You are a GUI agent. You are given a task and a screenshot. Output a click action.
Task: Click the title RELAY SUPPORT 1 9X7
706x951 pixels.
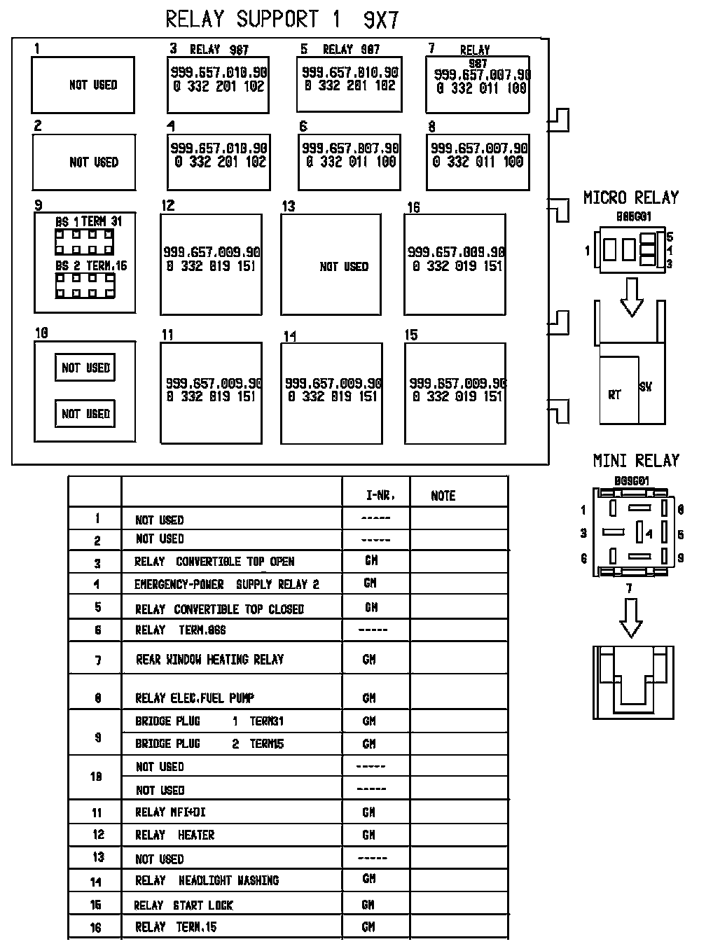tap(282, 20)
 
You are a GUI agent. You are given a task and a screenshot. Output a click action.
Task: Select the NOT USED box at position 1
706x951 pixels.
tap(83, 85)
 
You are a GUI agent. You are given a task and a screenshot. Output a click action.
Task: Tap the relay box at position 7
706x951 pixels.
tap(478, 84)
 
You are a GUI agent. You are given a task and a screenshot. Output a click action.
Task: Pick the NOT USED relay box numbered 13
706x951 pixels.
tap(331, 264)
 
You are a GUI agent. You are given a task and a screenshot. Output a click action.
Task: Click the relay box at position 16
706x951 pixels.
tap(455, 264)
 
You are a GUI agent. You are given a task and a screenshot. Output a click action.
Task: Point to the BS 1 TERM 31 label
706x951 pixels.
tap(88, 221)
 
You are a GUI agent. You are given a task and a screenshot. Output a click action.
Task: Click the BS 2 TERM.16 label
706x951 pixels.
tap(91, 266)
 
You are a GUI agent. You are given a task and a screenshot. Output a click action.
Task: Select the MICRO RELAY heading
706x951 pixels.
tap(631, 198)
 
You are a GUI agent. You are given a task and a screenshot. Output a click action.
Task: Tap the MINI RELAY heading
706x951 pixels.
tap(636, 461)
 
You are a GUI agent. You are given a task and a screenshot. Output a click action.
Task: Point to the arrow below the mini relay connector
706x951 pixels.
tap(631, 618)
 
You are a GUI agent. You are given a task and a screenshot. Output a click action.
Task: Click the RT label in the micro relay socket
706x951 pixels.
tap(614, 395)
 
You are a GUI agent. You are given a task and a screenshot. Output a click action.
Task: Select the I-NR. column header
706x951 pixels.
tap(380, 496)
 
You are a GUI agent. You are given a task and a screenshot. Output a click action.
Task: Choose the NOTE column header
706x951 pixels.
tap(443, 496)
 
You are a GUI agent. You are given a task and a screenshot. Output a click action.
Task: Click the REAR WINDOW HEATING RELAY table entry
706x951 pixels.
tap(209, 660)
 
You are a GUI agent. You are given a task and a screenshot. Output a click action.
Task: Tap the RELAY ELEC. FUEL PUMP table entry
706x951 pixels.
tap(194, 698)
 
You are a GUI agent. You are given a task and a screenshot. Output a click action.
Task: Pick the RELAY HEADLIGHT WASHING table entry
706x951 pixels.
tap(207, 880)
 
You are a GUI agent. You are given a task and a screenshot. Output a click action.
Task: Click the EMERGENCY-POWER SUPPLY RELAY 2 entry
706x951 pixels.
tap(226, 584)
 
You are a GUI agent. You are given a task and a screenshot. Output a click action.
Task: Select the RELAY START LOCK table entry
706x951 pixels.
tap(184, 905)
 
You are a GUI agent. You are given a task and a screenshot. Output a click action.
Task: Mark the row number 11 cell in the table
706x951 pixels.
tap(97, 813)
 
